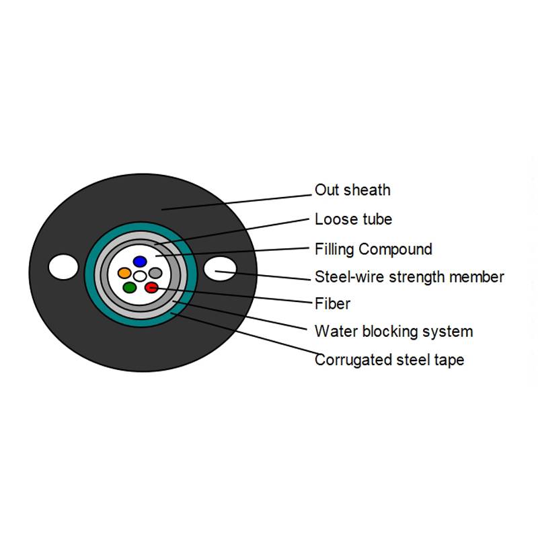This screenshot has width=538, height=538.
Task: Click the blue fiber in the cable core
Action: (x=139, y=261)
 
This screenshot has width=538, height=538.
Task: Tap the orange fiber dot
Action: (x=124, y=273)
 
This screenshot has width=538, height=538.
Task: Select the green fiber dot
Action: (x=130, y=288)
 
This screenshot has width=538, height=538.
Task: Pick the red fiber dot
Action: (x=151, y=288)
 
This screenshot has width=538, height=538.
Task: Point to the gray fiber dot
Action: (x=155, y=273)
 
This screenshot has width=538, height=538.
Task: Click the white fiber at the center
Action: (x=140, y=276)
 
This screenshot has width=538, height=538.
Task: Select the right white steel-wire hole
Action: (x=220, y=270)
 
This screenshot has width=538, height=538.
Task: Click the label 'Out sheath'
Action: (x=352, y=190)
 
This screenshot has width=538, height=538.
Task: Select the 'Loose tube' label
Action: (x=353, y=219)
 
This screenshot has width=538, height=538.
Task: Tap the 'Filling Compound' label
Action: (x=373, y=249)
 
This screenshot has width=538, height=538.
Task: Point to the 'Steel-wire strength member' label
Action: (x=409, y=277)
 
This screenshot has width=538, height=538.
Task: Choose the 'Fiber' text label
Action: (x=332, y=304)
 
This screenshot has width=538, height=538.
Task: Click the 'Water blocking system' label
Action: (x=393, y=332)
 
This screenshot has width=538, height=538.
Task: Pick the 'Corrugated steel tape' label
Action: (x=389, y=360)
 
